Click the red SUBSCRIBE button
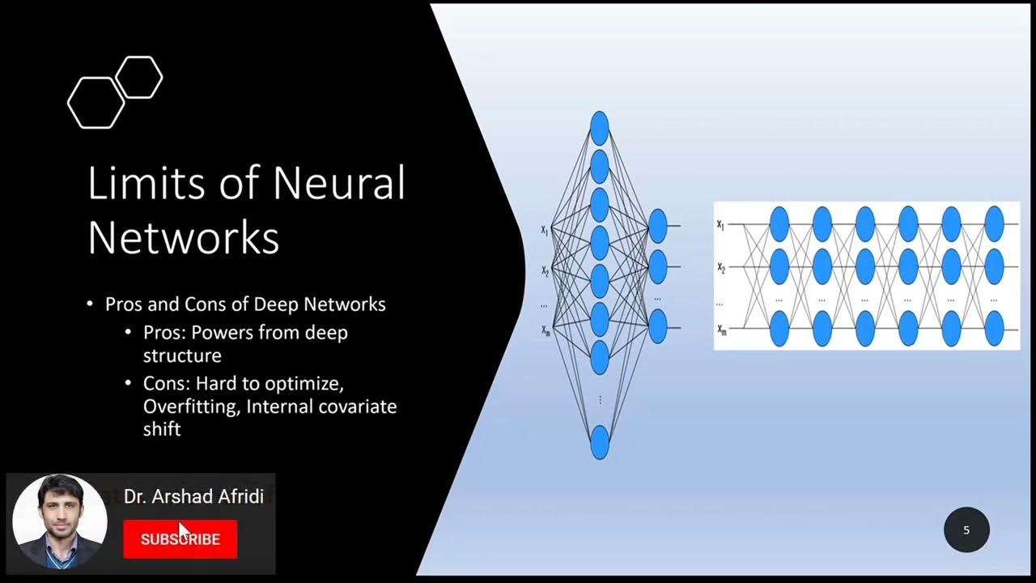(x=180, y=539)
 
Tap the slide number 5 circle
(x=966, y=530)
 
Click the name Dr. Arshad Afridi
(x=193, y=497)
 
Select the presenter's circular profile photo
(x=60, y=521)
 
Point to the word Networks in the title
(x=184, y=238)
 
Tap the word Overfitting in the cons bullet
(x=190, y=406)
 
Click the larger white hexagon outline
(x=96, y=103)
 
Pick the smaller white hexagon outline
(x=139, y=78)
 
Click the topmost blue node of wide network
(x=600, y=128)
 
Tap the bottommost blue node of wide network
(x=600, y=442)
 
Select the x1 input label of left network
(x=545, y=231)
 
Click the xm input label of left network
(x=545, y=330)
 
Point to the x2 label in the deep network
(x=720, y=267)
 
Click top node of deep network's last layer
(x=994, y=223)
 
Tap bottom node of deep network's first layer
(x=779, y=329)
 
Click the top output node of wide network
(x=657, y=226)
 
